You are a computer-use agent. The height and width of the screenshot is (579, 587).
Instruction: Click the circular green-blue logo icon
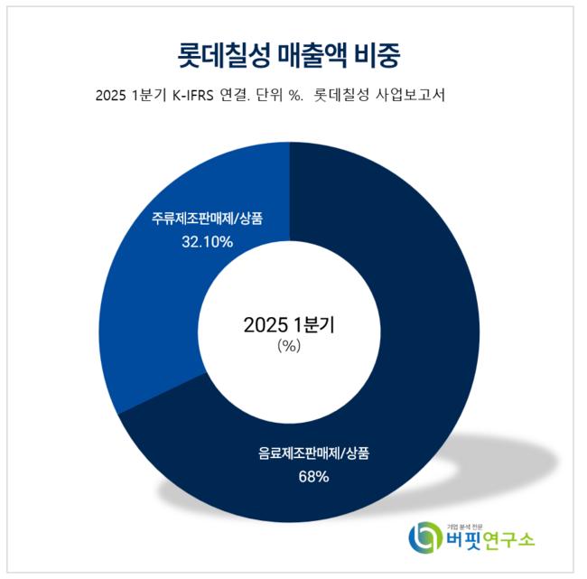(425, 539)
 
